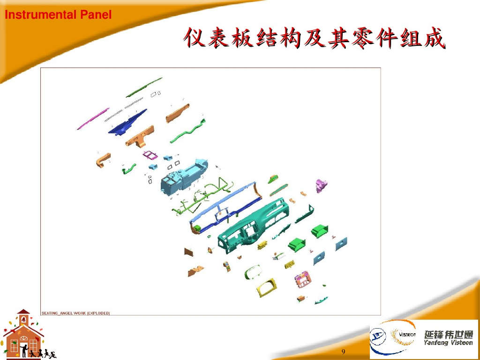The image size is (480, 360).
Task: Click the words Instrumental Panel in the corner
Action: pos(58,15)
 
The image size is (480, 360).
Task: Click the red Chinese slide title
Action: pos(314,38)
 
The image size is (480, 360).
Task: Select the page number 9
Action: pos(344,352)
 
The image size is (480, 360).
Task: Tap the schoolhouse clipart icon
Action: pos(23,334)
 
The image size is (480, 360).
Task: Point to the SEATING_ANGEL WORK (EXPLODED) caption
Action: pos(75,313)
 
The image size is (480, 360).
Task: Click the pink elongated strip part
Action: pos(93,119)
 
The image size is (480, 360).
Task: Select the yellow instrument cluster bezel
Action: pos(266,287)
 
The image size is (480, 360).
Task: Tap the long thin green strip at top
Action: pos(144,88)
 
